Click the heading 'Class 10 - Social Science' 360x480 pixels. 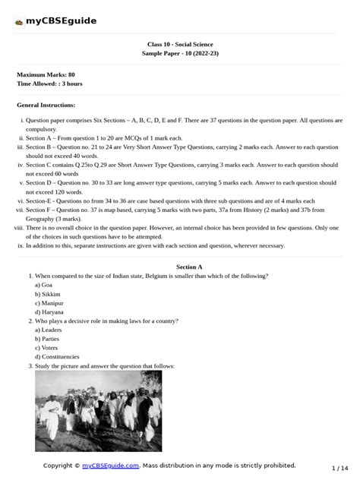click(x=179, y=45)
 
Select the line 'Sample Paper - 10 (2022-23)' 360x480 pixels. click(x=179, y=55)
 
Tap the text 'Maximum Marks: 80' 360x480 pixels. click(x=46, y=74)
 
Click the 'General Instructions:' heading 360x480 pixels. click(x=46, y=105)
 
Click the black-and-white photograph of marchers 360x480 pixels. click(x=98, y=410)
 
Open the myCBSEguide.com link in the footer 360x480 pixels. click(x=110, y=466)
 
